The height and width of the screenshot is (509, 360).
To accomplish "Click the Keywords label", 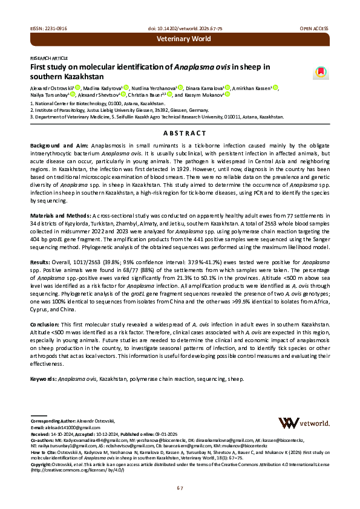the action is point(43,378).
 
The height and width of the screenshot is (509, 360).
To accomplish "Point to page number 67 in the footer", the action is point(180,488).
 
